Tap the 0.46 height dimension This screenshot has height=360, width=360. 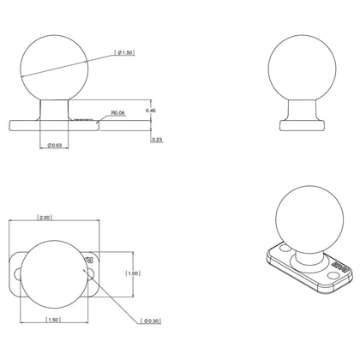point(152,111)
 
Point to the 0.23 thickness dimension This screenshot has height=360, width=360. point(155,139)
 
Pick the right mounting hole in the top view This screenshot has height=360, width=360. point(92,272)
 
